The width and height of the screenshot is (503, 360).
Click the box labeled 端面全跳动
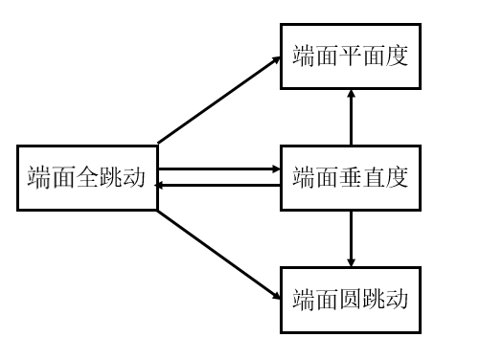pyautogui.click(x=87, y=177)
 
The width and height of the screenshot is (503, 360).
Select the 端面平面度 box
pyautogui.click(x=351, y=56)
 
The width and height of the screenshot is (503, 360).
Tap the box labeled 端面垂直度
pyautogui.click(x=351, y=177)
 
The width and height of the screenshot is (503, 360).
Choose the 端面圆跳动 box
pyautogui.click(x=351, y=299)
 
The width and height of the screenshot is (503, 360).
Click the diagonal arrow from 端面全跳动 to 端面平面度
pyautogui.click(x=218, y=99)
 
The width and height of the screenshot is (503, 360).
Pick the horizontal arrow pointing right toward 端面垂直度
pyautogui.click(x=218, y=169)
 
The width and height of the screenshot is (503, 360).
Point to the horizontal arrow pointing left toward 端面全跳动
pyautogui.click(x=218, y=184)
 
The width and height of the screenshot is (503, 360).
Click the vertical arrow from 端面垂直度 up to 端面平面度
pyautogui.click(x=351, y=117)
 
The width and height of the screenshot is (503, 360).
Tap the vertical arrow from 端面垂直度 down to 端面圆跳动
pyautogui.click(x=351, y=237)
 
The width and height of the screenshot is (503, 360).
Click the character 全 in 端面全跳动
pyautogui.click(x=87, y=178)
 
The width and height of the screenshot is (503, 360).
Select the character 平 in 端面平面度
pyautogui.click(x=352, y=56)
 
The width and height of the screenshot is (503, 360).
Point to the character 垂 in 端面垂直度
pyautogui.click(x=352, y=178)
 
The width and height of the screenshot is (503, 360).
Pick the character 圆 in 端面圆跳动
pyautogui.click(x=352, y=299)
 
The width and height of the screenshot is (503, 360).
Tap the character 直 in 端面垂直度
pyautogui.click(x=375, y=178)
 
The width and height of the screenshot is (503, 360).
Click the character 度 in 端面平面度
pyautogui.click(x=398, y=56)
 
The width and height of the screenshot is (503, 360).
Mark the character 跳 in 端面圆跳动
pyautogui.click(x=375, y=299)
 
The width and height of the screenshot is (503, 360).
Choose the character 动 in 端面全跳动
pyautogui.click(x=134, y=178)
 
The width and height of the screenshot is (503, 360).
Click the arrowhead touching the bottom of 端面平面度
pyautogui.click(x=351, y=94)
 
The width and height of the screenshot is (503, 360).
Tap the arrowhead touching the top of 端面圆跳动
pyautogui.click(x=351, y=261)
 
